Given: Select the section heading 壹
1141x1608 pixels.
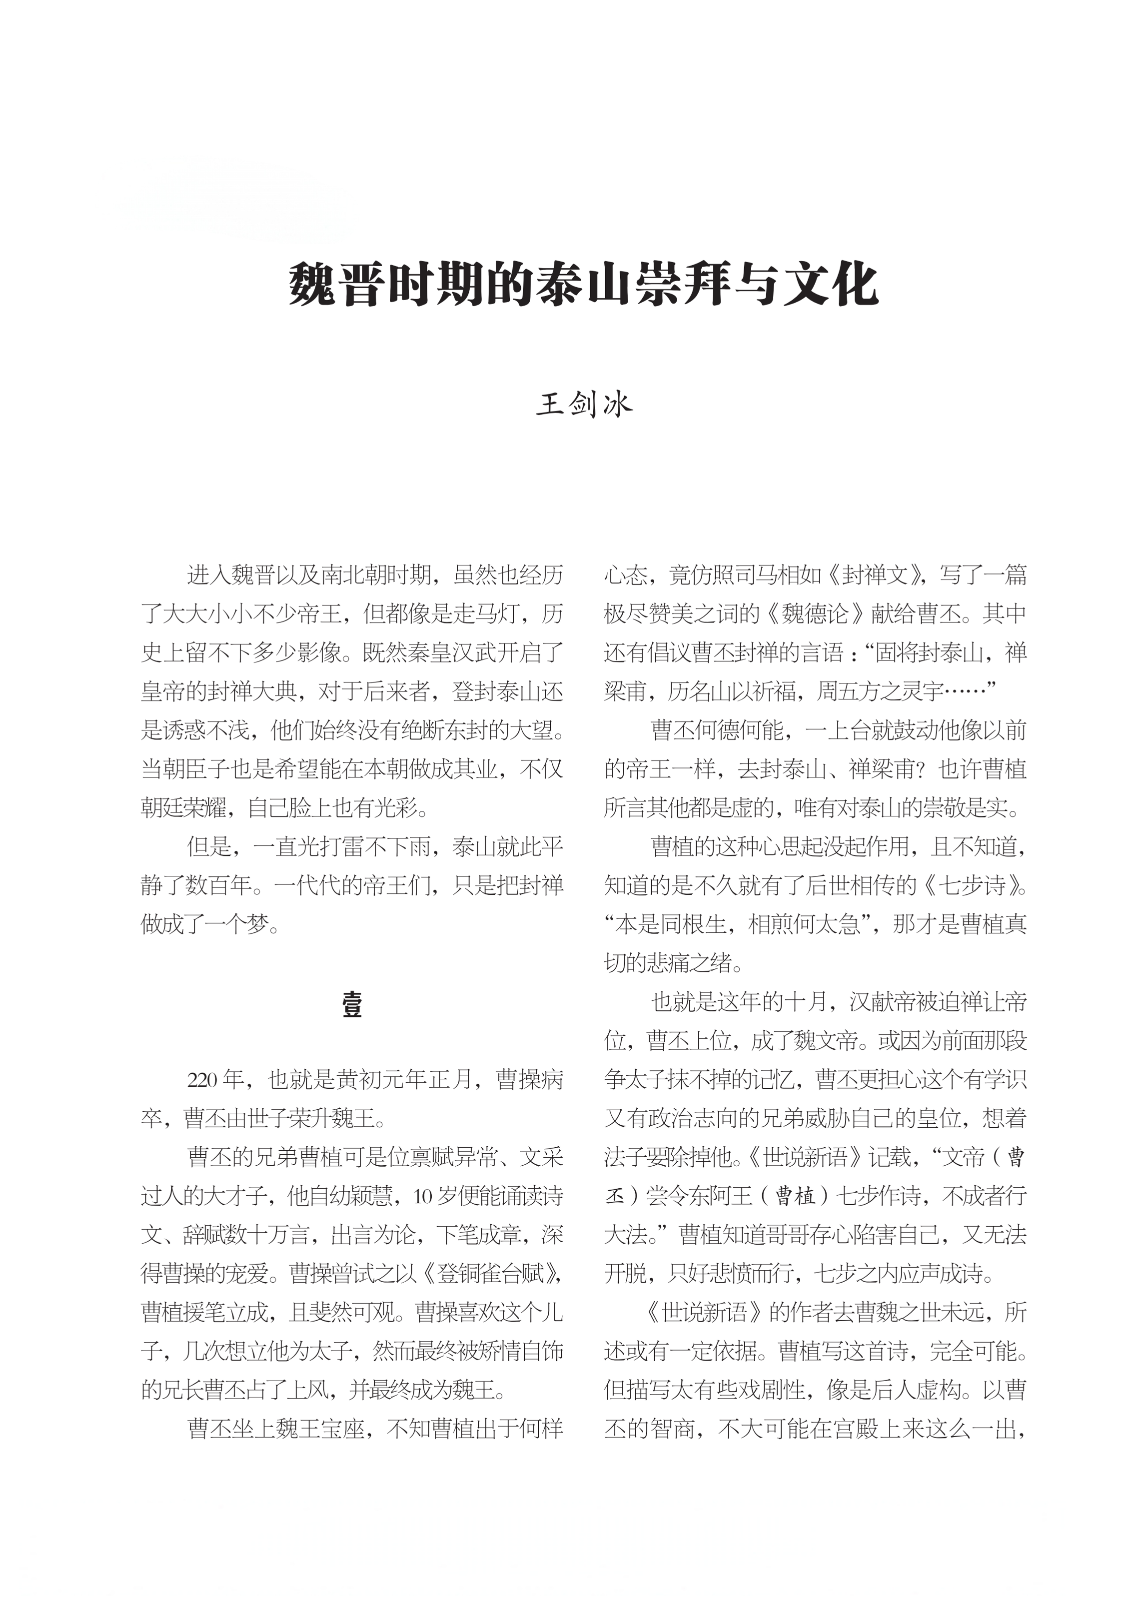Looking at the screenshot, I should pyautogui.click(x=352, y=1005).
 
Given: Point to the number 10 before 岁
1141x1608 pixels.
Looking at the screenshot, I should pyautogui.click(x=424, y=1196).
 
